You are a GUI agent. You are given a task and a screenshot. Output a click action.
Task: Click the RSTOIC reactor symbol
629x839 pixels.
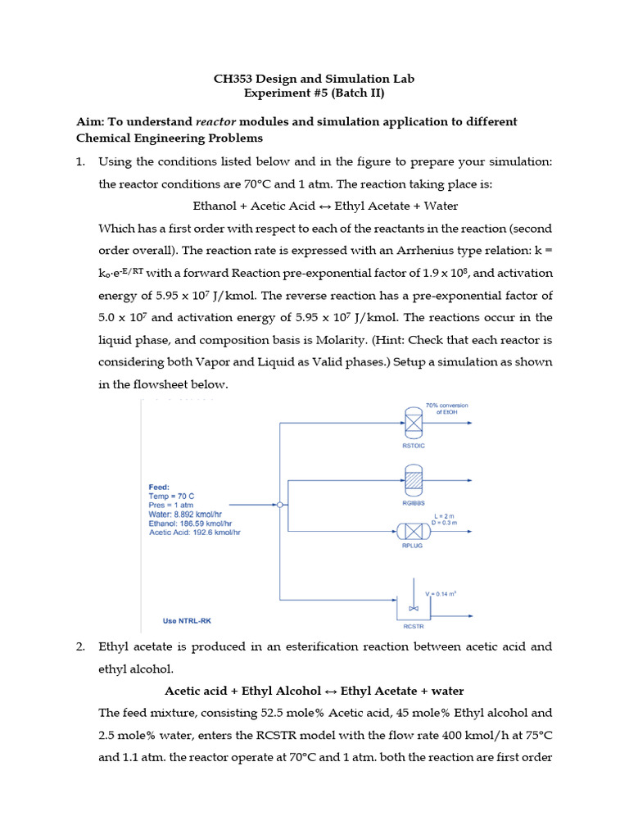[414, 423]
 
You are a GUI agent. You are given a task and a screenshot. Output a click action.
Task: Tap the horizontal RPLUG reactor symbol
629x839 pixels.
[413, 530]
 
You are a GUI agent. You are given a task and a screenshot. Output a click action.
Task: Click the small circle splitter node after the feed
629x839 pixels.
[280, 505]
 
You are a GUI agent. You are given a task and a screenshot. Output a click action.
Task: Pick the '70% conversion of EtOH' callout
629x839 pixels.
[446, 408]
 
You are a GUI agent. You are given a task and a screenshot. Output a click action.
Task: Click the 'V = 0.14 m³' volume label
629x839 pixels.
[438, 592]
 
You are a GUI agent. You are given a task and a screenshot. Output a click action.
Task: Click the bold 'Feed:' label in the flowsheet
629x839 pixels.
[159, 487]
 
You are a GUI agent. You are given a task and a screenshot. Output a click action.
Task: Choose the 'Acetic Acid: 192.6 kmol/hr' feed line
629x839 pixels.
[195, 532]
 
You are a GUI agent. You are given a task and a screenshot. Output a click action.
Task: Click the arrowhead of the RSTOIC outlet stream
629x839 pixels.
[469, 424]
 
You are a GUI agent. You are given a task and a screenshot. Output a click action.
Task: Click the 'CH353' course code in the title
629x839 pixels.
[233, 79]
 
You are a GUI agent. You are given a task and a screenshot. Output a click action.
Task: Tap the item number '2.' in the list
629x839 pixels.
[81, 646]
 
